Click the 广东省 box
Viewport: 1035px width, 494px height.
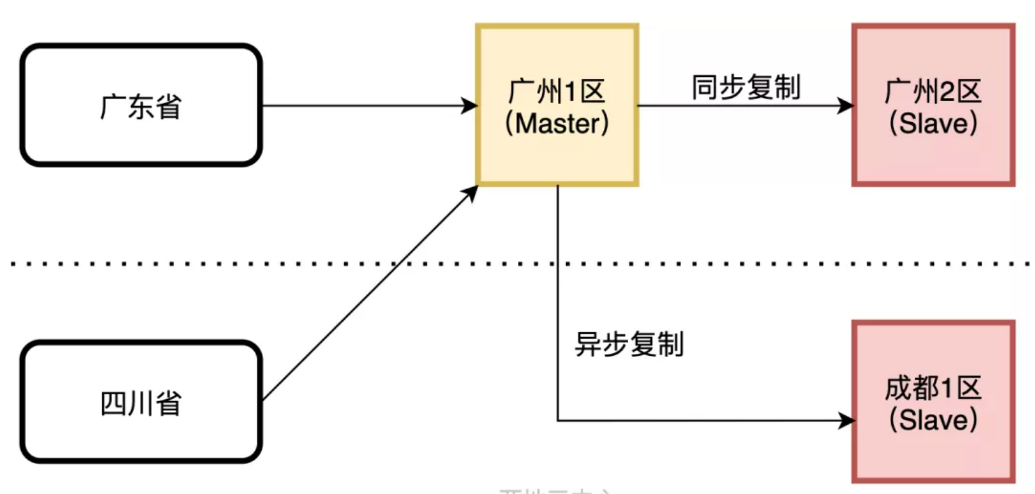click(141, 105)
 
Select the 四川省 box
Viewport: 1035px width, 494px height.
click(141, 402)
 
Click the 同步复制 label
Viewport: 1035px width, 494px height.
click(745, 87)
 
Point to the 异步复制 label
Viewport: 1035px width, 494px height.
click(629, 345)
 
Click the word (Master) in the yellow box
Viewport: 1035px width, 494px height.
click(557, 123)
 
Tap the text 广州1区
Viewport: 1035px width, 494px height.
click(557, 92)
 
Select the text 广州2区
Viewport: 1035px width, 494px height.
click(933, 92)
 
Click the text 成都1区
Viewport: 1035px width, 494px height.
click(933, 389)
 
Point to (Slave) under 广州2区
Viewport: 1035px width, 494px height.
click(933, 123)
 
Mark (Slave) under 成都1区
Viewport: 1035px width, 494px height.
click(933, 420)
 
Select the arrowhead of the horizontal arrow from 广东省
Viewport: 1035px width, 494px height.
click(469, 105)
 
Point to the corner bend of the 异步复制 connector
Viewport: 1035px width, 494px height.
click(558, 421)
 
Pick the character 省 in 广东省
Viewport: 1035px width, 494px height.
click(168, 106)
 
